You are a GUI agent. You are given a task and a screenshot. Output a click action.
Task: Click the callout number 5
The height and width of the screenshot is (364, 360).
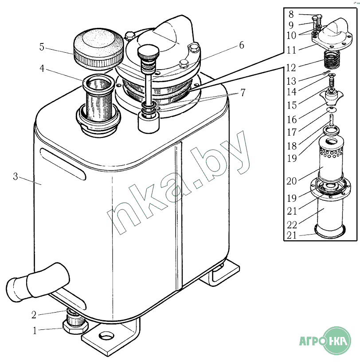click(42, 47)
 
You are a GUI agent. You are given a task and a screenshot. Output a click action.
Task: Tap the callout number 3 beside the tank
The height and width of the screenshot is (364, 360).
click(16, 176)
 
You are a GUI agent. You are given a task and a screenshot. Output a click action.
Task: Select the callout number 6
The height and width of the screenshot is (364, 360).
click(242, 45)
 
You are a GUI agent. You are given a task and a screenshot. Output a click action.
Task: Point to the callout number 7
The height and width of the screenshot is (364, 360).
click(243, 93)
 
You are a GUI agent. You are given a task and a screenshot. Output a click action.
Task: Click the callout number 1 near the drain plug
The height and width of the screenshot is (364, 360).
click(35, 331)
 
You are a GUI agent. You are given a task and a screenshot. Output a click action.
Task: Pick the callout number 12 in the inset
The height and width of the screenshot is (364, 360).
click(291, 68)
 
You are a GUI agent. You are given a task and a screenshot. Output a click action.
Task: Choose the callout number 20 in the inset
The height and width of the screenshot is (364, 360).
click(292, 181)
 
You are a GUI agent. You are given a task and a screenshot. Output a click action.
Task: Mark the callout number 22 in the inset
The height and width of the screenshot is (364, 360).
click(292, 225)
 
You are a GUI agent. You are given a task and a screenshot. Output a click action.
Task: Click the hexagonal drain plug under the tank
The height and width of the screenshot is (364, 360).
click(75, 327)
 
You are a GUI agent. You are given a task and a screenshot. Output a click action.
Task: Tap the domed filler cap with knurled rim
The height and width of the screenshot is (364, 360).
click(98, 49)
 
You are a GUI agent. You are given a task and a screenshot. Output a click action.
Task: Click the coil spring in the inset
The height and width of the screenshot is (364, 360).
click(332, 60)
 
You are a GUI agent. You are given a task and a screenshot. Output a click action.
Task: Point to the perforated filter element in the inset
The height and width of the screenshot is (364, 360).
click(331, 159)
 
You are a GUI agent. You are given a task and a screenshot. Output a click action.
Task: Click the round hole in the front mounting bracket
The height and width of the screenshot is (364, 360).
click(106, 335)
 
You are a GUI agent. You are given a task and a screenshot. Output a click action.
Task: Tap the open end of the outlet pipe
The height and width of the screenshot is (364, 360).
click(13, 290)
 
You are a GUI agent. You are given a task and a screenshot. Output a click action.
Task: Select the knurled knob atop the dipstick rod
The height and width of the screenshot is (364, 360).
click(149, 52)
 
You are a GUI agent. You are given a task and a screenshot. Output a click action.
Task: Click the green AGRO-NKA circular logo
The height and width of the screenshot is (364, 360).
click(337, 341)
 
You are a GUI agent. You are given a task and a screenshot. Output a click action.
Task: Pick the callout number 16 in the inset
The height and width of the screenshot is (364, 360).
click(292, 120)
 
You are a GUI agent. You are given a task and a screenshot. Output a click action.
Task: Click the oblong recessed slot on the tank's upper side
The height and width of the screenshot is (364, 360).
click(63, 164)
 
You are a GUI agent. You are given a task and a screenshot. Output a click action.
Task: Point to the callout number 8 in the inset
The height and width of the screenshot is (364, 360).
click(291, 14)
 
